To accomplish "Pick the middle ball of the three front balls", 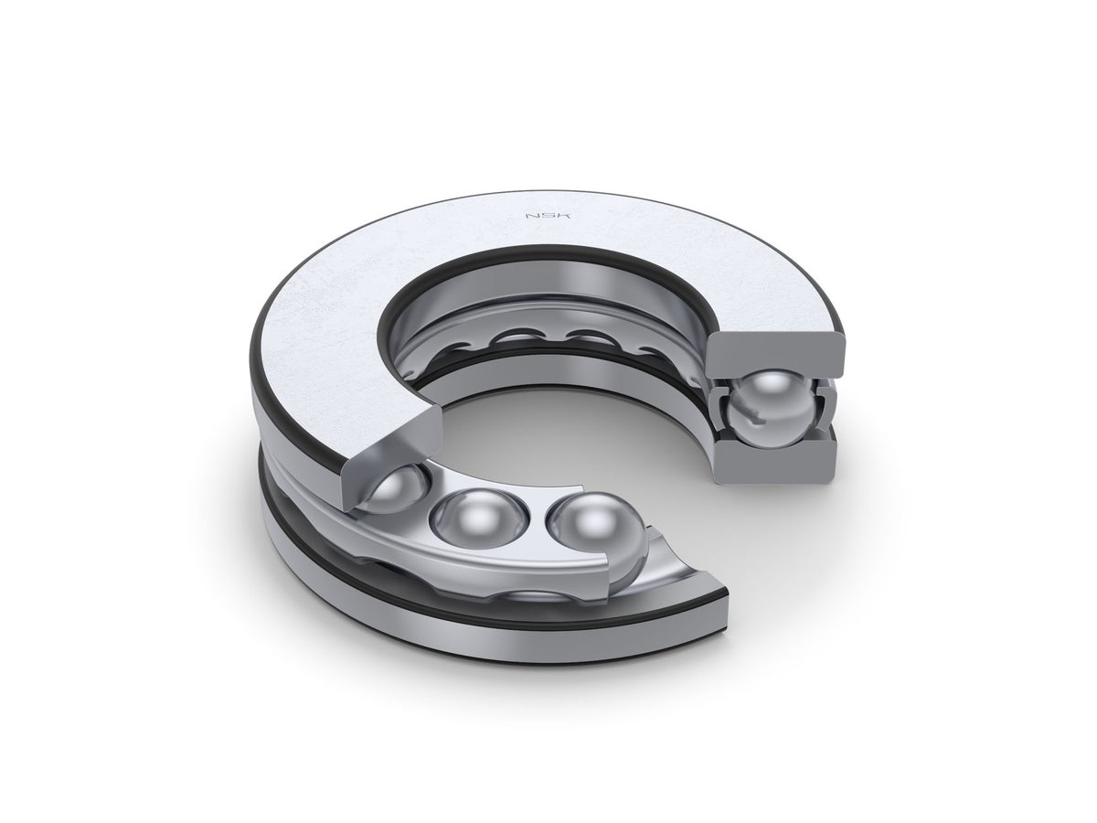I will [477, 523].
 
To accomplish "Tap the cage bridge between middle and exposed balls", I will [531, 540].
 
